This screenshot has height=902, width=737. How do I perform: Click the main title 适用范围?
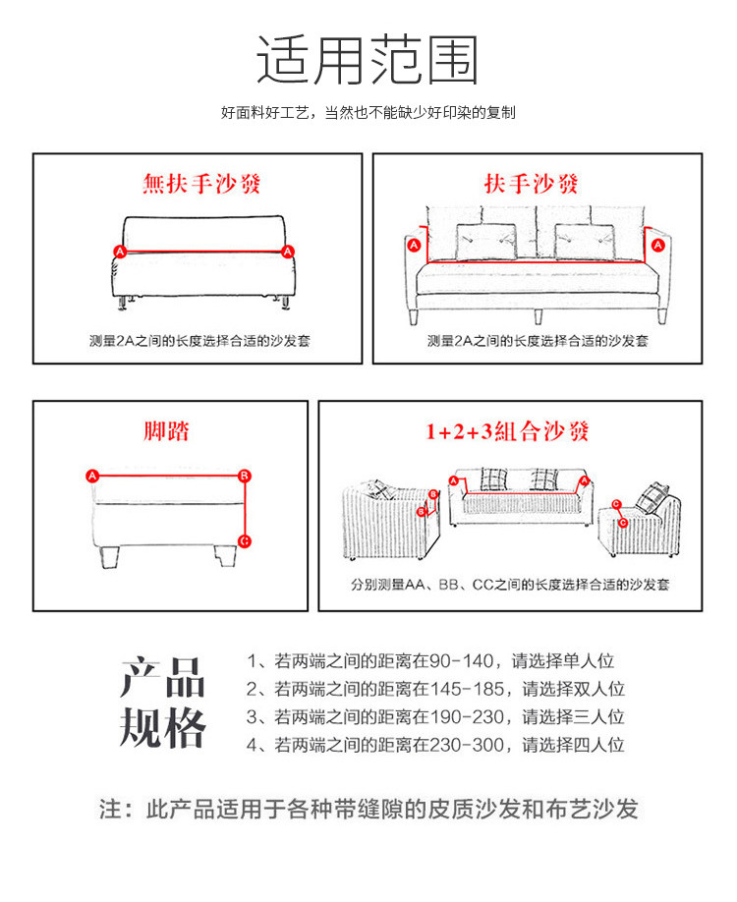368,61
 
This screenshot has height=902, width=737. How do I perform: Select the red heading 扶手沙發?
532,184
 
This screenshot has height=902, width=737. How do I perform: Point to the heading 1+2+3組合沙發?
507,431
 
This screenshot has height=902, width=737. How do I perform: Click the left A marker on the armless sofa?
121,252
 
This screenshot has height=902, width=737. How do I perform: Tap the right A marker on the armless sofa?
288,252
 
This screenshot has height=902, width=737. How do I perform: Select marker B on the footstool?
245,476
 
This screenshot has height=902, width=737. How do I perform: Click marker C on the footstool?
245,540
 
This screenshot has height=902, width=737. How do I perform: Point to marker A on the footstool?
92,476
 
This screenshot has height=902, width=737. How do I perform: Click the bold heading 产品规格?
163,704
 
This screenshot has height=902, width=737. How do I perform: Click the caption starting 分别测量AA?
510,585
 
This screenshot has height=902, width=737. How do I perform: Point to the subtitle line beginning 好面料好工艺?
368,113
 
